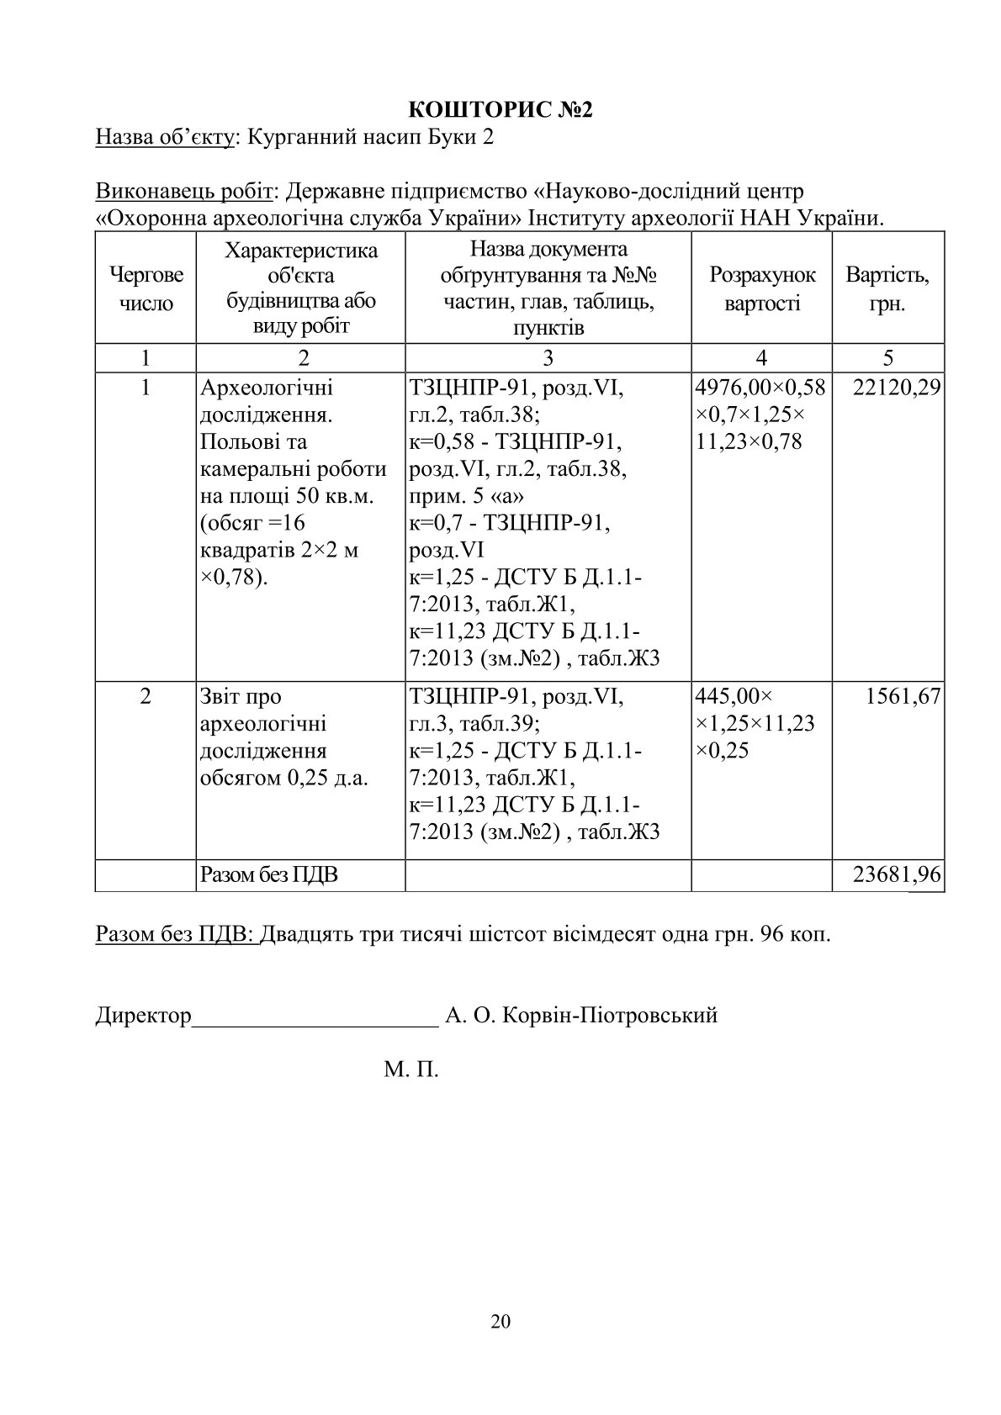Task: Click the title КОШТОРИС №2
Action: click(500, 110)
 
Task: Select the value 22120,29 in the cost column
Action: click(897, 388)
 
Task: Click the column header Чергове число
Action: click(146, 288)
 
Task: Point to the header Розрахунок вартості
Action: click(762, 288)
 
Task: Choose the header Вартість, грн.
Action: click(887, 288)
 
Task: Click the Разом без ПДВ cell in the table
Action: click(269, 875)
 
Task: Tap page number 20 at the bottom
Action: click(500, 1321)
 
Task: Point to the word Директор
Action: click(144, 1015)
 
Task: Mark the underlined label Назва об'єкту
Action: click(165, 137)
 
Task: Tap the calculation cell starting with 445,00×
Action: click(755, 723)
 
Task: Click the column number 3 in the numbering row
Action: click(548, 357)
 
